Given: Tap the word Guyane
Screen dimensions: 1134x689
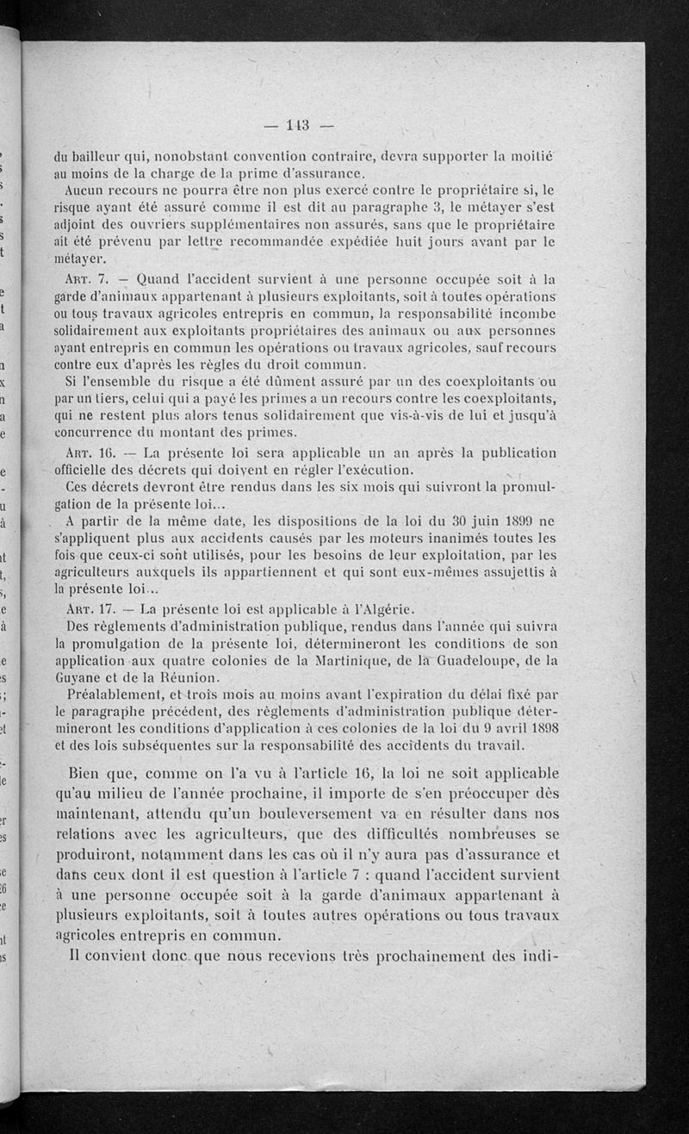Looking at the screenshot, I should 78,678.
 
